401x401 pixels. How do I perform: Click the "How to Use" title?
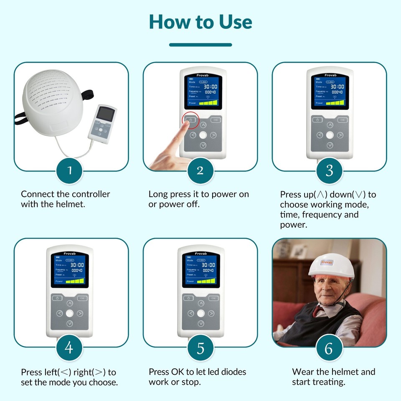pyautogui.click(x=200, y=22)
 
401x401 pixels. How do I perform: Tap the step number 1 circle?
pyautogui.click(x=70, y=170)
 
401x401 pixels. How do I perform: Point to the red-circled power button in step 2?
pyautogui.click(x=190, y=120)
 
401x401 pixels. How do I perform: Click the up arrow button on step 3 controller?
pyautogui.click(x=330, y=125)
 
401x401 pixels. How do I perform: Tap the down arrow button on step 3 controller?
pyautogui.click(x=330, y=145)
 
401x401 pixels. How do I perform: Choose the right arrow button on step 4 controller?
pyautogui.click(x=80, y=313)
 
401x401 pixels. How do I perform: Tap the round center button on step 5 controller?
pyautogui.click(x=201, y=313)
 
